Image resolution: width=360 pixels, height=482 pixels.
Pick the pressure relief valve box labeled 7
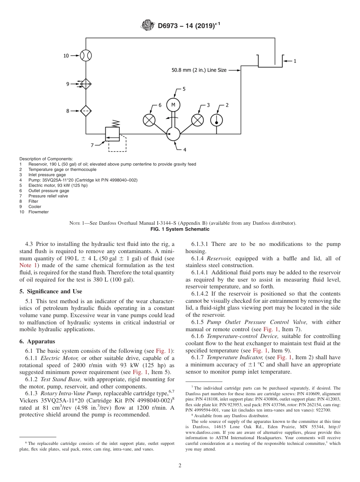tap(112, 134)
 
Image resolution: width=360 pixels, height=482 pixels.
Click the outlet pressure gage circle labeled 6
tap(149, 120)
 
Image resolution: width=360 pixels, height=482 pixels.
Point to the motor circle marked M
tap(173, 105)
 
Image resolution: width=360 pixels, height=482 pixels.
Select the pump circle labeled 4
tap(173, 134)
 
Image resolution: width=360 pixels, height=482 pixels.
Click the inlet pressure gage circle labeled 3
tap(197, 120)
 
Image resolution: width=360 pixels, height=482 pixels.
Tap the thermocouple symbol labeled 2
tap(217, 120)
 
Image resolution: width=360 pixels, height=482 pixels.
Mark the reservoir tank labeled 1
tap(270, 60)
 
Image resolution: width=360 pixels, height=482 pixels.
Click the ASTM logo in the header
tap(148, 26)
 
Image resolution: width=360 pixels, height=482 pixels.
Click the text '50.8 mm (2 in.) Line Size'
tap(204, 70)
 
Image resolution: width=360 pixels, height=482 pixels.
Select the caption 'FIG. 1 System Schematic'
tap(180, 229)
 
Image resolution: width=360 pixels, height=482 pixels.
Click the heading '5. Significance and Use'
tap(51, 291)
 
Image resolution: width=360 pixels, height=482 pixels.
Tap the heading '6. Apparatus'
tap(37, 341)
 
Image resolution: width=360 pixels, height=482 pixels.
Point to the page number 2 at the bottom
tap(180, 466)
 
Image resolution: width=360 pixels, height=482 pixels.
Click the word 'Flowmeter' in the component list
tap(38, 212)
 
